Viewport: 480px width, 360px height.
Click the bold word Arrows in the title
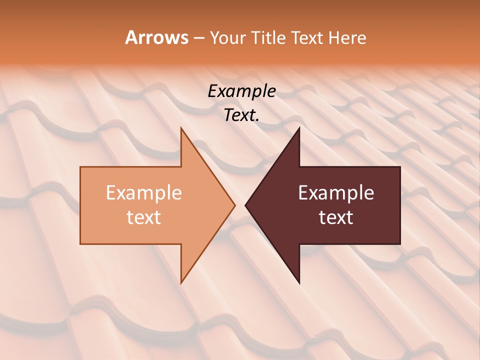coord(156,37)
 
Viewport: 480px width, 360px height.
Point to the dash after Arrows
coord(198,38)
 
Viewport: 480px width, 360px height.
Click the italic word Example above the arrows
coord(241,91)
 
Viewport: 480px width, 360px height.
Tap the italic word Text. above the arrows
coord(241,115)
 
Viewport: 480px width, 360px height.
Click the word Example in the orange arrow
coord(144,193)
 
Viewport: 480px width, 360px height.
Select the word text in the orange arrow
coord(144,217)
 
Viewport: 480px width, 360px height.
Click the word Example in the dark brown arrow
coord(336,193)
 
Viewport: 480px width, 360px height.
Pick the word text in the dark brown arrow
coord(336,217)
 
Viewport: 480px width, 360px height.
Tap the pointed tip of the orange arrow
coord(234,205)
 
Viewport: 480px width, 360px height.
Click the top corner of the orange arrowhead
coord(181,128)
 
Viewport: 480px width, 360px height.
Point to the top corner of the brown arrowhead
coord(299,128)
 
